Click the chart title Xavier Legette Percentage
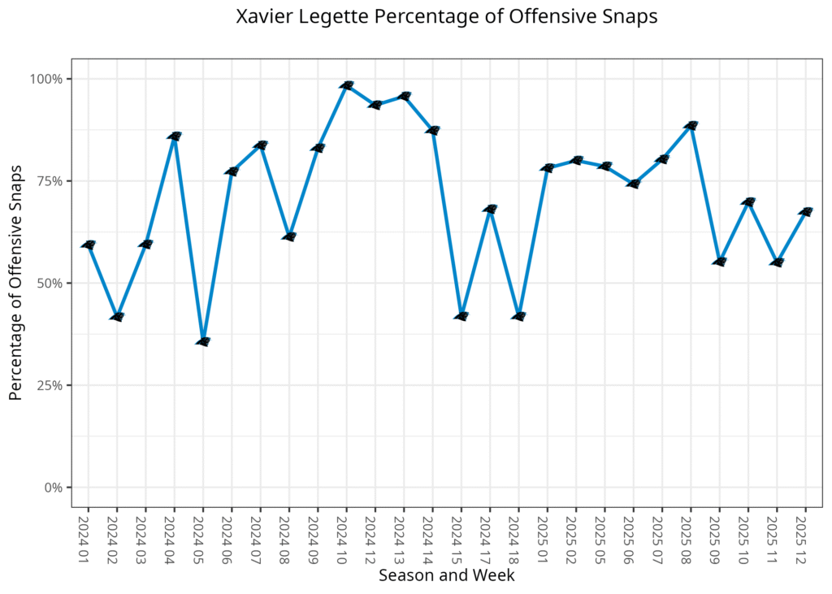[446, 17]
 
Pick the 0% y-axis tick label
[54, 488]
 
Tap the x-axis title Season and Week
[446, 575]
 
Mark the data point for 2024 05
[203, 341]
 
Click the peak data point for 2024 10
[347, 85]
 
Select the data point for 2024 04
[175, 136]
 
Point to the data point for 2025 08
[691, 125]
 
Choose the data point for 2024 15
[461, 316]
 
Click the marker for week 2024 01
[89, 245]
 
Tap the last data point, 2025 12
[806, 212]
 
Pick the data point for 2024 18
[519, 316]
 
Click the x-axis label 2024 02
[117, 533]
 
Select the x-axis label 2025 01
[548, 533]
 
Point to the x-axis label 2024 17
[490, 533]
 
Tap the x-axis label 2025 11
[778, 533]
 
